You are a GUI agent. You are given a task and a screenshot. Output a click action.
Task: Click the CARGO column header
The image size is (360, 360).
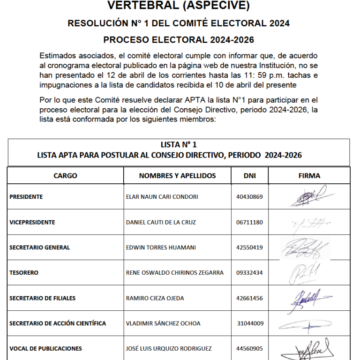[x=65, y=176]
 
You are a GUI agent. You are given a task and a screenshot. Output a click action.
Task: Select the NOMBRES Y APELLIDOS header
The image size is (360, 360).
[x=177, y=176]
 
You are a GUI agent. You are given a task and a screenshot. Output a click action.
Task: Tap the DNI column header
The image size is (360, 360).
[x=249, y=176]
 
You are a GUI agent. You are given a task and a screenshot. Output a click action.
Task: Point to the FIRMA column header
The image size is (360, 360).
[x=309, y=176]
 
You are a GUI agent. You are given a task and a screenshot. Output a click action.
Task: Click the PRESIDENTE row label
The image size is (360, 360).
[x=26, y=197]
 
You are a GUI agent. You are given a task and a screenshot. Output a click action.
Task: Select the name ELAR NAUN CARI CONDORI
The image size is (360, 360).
[x=162, y=197]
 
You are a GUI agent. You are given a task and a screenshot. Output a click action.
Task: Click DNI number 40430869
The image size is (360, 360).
[x=250, y=197]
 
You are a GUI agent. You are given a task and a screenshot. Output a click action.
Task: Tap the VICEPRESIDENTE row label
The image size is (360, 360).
[x=32, y=222]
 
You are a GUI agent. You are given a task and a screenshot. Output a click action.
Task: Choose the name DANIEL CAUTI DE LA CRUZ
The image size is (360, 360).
[x=161, y=222]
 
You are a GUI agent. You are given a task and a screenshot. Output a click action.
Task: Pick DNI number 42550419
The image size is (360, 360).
[x=250, y=247]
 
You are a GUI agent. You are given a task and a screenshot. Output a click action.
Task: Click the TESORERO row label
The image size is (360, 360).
[x=24, y=273]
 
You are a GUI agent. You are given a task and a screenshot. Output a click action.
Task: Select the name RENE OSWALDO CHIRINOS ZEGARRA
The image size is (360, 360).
[x=175, y=273]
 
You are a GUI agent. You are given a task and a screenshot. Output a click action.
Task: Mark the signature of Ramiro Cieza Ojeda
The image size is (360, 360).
[x=307, y=298]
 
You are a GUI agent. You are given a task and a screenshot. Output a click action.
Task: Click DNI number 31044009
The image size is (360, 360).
[x=250, y=323]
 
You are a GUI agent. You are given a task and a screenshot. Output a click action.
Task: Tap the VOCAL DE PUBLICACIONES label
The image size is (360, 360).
[x=45, y=349]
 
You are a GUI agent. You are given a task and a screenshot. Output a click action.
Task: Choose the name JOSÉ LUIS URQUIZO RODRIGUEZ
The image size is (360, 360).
[x=169, y=349]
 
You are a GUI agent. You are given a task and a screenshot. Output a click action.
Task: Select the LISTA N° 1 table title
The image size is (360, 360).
[x=179, y=145]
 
